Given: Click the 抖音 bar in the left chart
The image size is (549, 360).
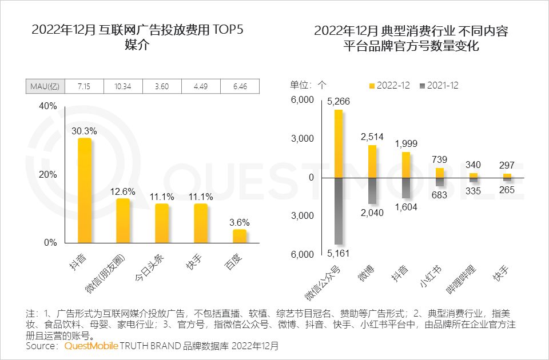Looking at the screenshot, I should (85, 190).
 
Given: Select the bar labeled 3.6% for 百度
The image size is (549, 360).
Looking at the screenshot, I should (240, 235).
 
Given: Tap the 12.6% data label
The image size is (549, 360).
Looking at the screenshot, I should (123, 191).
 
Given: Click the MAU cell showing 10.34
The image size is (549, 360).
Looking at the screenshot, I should (123, 86).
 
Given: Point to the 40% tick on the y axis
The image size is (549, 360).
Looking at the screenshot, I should (48, 106).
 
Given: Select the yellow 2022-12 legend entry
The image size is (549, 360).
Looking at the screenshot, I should (389, 86).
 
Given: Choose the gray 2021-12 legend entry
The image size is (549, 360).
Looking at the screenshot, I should (439, 86).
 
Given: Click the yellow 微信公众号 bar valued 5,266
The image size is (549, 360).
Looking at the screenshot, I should (339, 143).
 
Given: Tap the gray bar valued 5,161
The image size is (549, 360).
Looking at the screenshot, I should (339, 211).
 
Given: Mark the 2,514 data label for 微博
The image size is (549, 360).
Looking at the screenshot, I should (372, 137).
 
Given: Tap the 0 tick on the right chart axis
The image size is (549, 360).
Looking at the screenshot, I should (311, 177).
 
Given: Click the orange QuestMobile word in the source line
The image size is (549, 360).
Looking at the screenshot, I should (91, 346).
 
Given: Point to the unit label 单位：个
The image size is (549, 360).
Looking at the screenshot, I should (308, 86).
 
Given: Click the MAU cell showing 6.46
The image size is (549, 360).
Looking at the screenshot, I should (240, 86).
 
